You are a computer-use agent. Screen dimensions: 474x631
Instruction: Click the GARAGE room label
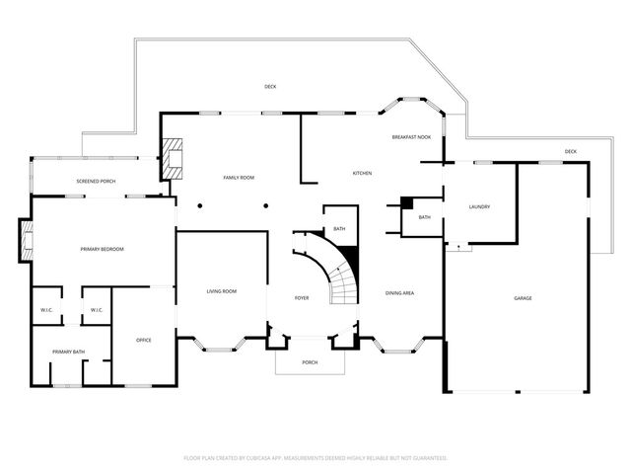tap(522, 297)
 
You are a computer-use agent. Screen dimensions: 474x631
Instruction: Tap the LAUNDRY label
tap(479, 206)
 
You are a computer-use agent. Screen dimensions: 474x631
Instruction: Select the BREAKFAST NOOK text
tap(411, 137)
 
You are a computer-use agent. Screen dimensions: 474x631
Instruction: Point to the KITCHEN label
tap(362, 174)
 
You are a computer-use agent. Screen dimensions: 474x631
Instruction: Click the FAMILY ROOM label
tap(239, 177)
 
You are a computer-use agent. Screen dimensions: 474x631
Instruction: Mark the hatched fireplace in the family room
tap(173, 157)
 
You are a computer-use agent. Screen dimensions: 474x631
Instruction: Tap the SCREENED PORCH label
tap(97, 182)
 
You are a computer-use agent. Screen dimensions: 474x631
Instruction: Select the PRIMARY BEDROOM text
tap(103, 249)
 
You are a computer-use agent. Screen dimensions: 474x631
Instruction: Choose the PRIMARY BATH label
tap(68, 352)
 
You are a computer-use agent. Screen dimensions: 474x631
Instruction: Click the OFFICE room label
tap(143, 340)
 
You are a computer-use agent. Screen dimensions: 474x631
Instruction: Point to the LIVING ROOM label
tap(221, 291)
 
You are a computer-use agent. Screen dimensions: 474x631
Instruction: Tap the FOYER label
tap(302, 297)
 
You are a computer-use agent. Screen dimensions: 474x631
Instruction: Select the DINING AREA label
tap(399, 292)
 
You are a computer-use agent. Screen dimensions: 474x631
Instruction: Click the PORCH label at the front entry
tap(310, 362)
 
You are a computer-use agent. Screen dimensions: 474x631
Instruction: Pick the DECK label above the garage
tap(570, 151)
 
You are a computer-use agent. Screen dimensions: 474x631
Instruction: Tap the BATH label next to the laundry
tap(424, 217)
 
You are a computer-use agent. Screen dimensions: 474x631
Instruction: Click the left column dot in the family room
tap(199, 205)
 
